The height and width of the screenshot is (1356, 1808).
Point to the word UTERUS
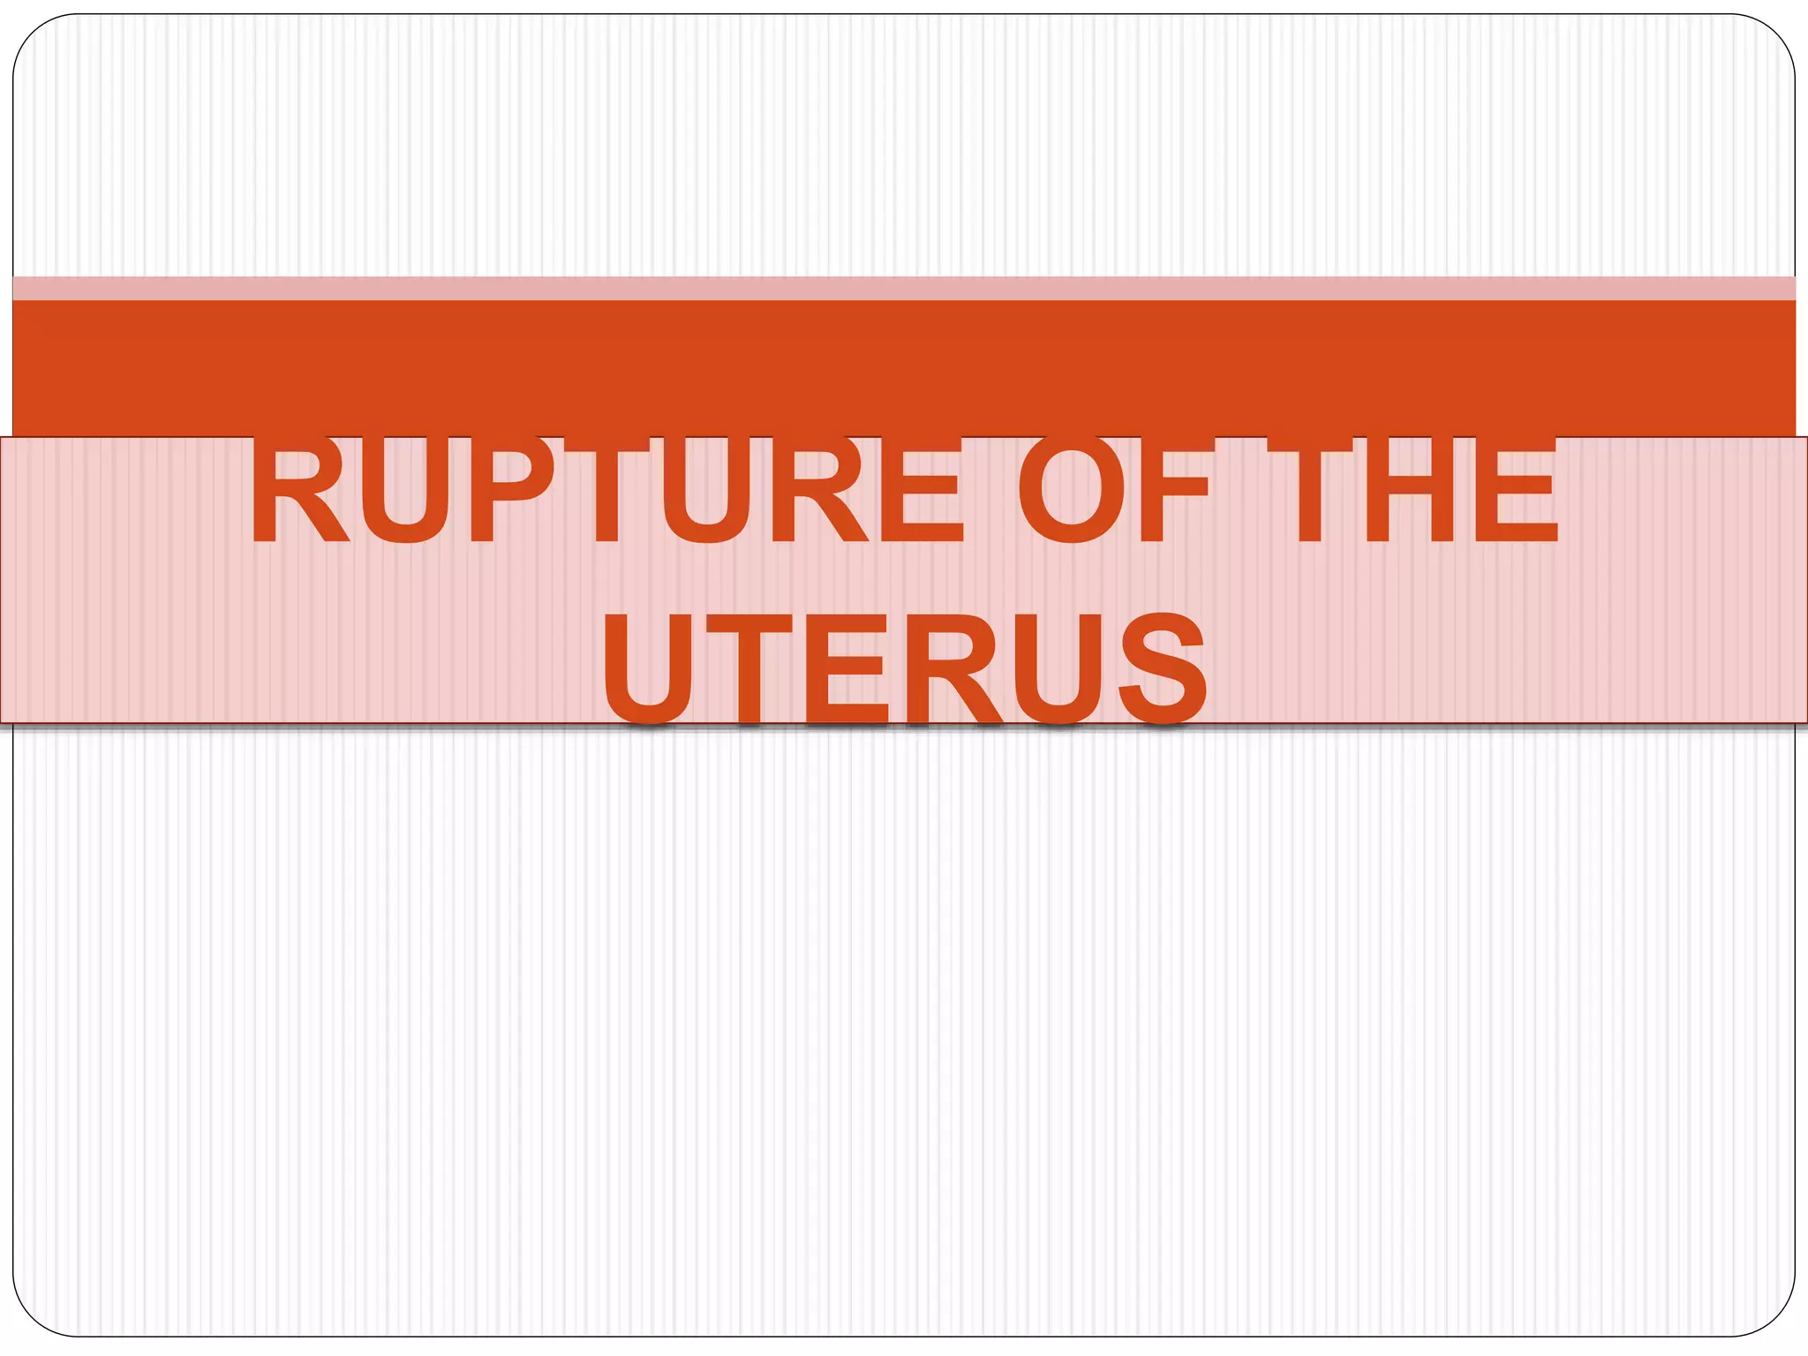point(904,667)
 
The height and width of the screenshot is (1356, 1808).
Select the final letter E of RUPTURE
point(919,491)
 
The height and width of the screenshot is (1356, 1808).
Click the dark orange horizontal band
point(904,367)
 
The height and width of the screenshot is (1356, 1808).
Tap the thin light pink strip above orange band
point(904,288)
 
